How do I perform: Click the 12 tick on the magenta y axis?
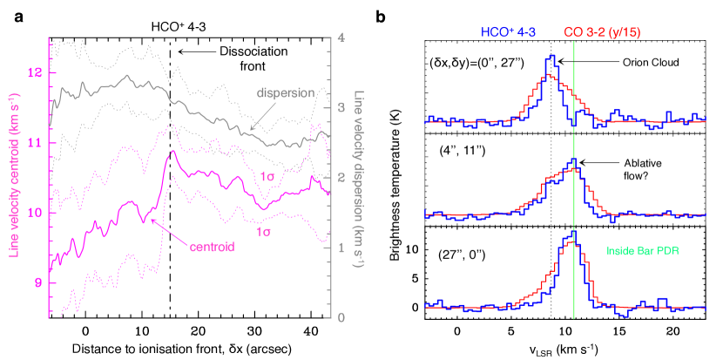[37, 72]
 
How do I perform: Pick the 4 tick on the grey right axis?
[343, 38]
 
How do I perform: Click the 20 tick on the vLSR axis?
[672, 332]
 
